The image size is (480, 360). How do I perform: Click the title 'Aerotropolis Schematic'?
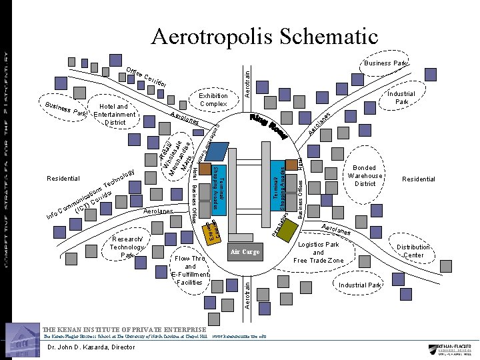pyautogui.click(x=265, y=37)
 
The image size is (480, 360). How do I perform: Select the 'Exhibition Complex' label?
pyautogui.click(x=213, y=100)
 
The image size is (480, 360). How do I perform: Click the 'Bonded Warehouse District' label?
pyautogui.click(x=365, y=175)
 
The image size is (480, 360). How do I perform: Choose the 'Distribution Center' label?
pyautogui.click(x=413, y=251)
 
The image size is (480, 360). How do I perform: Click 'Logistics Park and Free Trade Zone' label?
pyautogui.click(x=318, y=252)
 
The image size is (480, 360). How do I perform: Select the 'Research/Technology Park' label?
pyautogui.click(x=127, y=247)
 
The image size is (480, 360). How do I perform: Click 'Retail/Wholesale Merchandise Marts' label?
pyautogui.click(x=176, y=155)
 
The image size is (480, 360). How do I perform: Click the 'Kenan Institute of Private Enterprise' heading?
pyautogui.click(x=124, y=330)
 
